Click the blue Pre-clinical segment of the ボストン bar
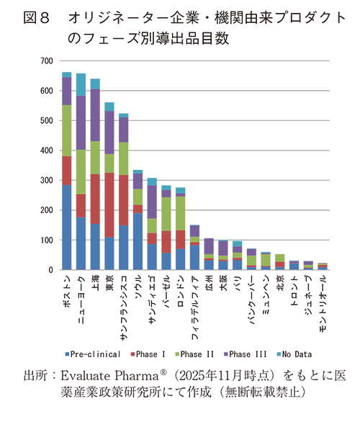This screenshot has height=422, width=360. (x=66, y=228)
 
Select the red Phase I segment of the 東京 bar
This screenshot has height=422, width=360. (x=109, y=205)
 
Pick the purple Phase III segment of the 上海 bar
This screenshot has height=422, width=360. (x=95, y=115)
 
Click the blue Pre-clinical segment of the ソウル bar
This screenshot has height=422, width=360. (x=138, y=241)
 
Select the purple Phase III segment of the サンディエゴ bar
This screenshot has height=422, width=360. (x=151, y=202)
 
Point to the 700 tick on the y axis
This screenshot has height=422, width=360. (x=46, y=61)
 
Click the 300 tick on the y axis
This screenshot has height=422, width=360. (x=46, y=181)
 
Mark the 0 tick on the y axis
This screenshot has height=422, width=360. (x=50, y=270)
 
